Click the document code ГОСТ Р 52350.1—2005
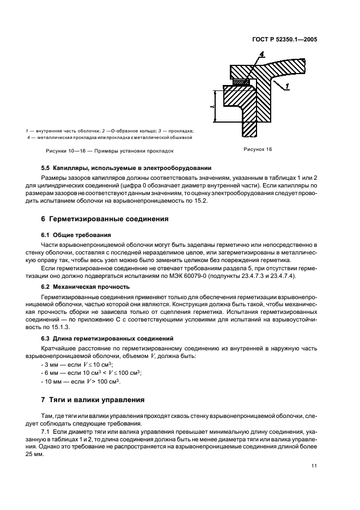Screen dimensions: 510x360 coord(292,39)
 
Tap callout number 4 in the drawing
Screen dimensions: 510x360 coord(262,54)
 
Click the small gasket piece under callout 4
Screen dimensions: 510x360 coord(241,82)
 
